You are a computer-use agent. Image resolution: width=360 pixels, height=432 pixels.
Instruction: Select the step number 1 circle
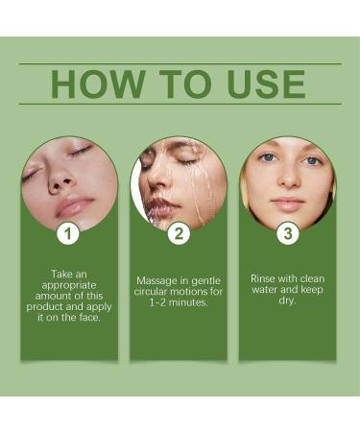click(x=67, y=232)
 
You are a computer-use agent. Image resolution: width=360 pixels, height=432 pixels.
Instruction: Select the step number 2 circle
click(x=178, y=232)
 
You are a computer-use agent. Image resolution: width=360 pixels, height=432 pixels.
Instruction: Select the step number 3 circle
click(x=286, y=232)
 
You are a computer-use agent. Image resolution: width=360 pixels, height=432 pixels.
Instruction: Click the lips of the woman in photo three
click(x=287, y=203)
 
